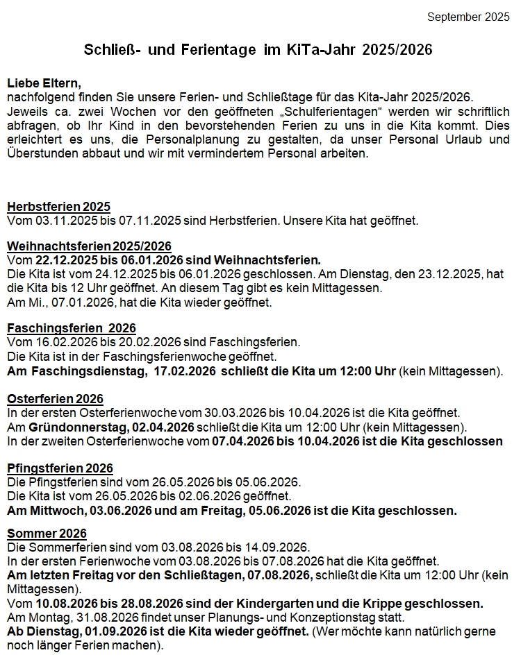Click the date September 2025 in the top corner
(468, 17)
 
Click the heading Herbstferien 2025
(58, 207)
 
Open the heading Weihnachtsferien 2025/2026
(89, 246)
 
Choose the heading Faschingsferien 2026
(72, 328)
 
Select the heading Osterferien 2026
(55, 399)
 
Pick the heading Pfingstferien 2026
(60, 468)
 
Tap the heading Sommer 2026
(47, 533)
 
